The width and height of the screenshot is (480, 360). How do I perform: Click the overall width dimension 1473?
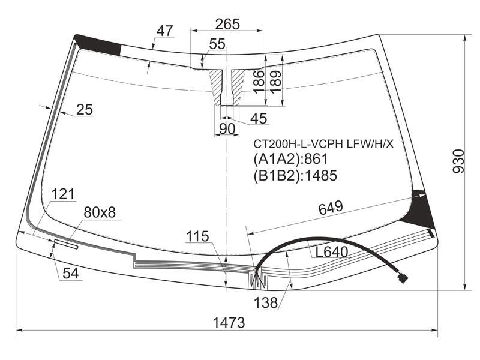pos(229,322)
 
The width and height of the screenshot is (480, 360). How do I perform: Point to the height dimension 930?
pos(458,161)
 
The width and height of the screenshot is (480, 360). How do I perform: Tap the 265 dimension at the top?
pos(227,24)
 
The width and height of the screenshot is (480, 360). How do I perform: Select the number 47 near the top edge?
pos(165,31)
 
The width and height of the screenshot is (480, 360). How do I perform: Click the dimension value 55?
pos(217,44)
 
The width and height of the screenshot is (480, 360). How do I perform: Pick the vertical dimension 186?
pos(259,82)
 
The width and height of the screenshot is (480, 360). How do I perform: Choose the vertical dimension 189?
pos(275,82)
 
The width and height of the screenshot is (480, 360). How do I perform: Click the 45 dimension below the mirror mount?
pos(259,118)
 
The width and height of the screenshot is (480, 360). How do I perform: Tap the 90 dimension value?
pos(227,129)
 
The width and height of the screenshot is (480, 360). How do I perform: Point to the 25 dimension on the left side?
pos(85,110)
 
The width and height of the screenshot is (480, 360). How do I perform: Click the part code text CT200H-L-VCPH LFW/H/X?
pos(323,143)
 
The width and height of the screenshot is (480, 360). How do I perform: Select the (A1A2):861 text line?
pos(290,159)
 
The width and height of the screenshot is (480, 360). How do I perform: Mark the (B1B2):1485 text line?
pos(295,175)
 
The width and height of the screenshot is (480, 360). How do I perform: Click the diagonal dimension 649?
pos(331,208)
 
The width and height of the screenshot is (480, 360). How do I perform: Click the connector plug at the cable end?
pos(403,278)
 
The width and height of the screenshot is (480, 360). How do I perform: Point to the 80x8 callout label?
pos(100,212)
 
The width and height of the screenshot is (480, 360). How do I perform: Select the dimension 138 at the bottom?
pos(266,303)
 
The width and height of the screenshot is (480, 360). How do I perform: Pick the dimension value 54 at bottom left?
pos(71,274)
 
